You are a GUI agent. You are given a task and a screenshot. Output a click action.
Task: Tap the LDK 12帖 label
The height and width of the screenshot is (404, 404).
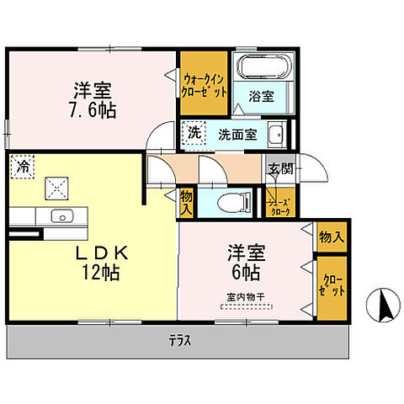tap(93, 261)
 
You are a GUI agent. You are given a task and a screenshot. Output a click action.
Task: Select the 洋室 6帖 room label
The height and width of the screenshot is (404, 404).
tap(242, 262)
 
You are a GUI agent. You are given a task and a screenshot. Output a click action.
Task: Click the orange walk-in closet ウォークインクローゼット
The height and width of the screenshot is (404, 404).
tap(203, 86)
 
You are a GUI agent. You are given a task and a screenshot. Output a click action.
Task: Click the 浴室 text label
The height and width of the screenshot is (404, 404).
tap(262, 98)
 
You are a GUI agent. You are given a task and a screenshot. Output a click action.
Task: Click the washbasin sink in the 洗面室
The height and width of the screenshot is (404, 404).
tap(275, 134)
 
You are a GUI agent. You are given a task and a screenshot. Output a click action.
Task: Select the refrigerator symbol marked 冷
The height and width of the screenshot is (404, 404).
tap(22, 166)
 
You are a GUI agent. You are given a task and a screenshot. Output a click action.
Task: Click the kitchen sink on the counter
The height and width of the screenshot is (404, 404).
tap(61, 216)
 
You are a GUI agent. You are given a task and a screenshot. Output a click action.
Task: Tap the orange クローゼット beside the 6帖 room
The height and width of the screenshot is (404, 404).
tap(332, 289)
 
